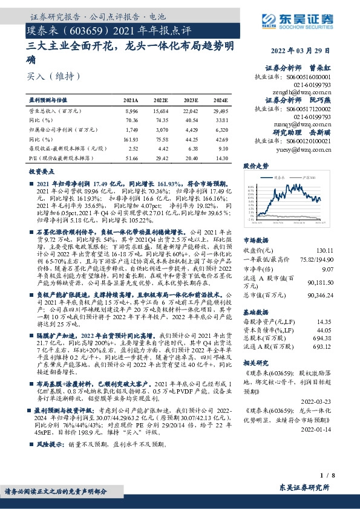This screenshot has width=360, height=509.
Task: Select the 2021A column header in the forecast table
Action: point(130,100)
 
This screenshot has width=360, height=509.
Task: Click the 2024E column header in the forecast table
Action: point(220,100)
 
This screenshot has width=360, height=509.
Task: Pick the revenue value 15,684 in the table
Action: point(160,112)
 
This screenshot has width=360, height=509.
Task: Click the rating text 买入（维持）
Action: point(53,77)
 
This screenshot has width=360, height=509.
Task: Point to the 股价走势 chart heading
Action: point(256,165)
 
